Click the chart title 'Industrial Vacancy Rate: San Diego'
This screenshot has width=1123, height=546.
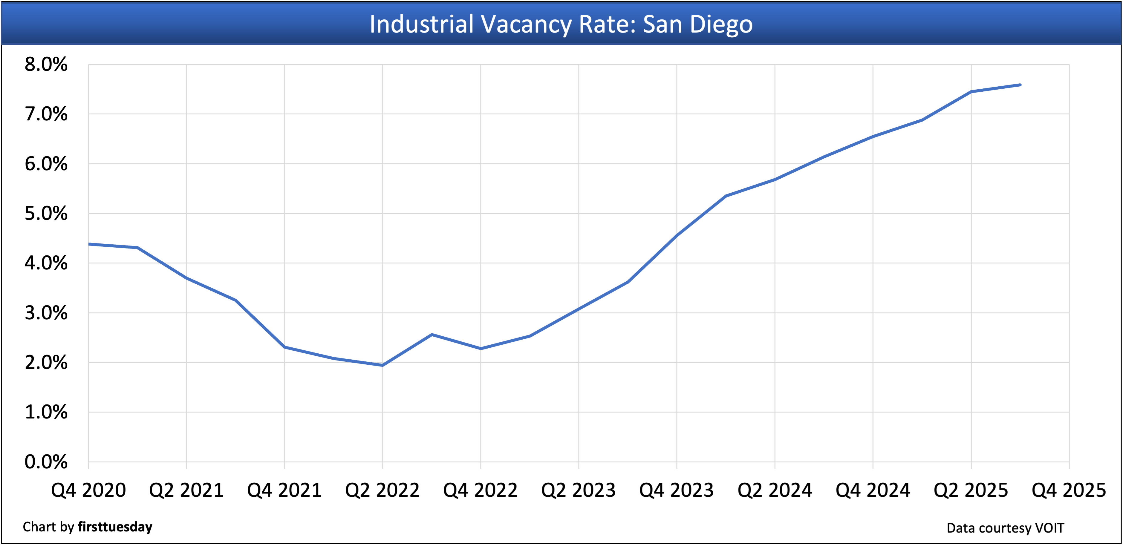[561, 24]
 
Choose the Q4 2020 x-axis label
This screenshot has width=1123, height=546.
[88, 490]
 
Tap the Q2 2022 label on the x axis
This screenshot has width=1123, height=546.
[382, 490]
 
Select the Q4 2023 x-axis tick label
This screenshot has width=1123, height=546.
[677, 490]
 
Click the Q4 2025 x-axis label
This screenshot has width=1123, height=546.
[1069, 490]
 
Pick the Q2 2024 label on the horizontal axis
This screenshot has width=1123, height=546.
[775, 490]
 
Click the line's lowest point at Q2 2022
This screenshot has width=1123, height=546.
[382, 365]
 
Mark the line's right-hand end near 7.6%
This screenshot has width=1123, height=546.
[1020, 85]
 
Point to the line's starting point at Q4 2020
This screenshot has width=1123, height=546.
[89, 244]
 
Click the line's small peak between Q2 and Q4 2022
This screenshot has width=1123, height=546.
[432, 335]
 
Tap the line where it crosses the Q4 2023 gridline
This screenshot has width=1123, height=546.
[677, 235]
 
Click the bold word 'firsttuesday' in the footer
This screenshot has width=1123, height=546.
[115, 527]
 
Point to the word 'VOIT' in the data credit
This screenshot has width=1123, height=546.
[1049, 528]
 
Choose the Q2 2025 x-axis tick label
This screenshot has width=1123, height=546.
[971, 490]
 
